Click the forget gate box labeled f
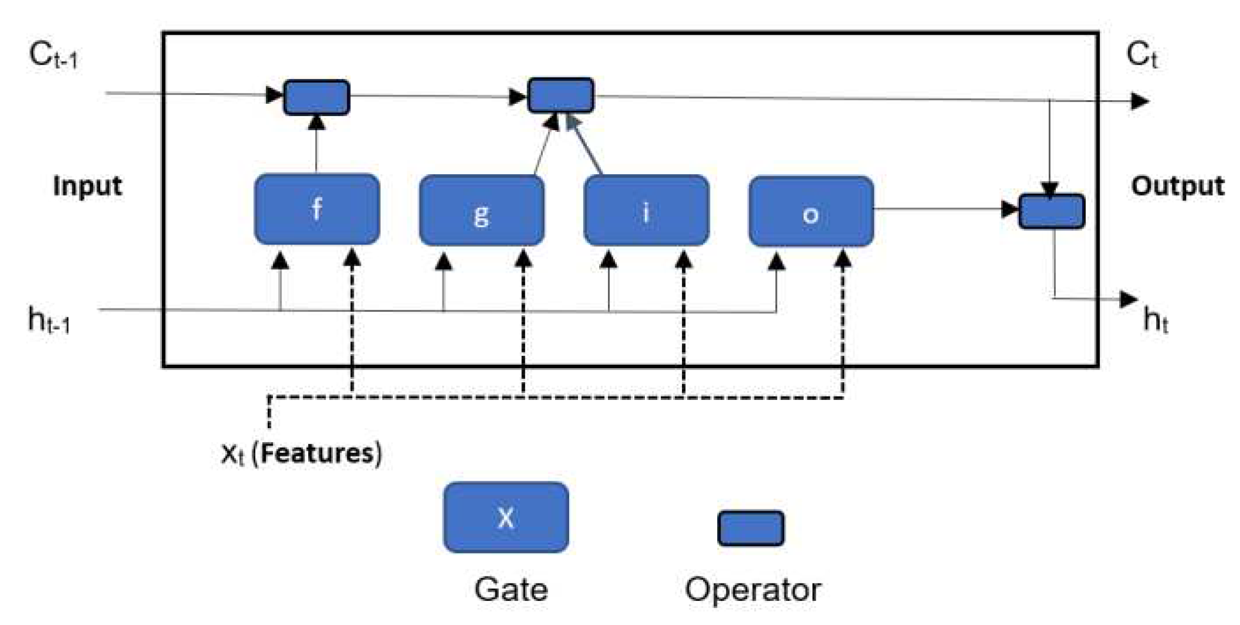pyautogui.click(x=317, y=209)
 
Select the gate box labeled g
pyautogui.click(x=482, y=210)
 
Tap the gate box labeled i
pyautogui.click(x=646, y=210)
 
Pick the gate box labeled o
pyautogui.click(x=811, y=212)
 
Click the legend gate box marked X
pyautogui.click(x=506, y=517)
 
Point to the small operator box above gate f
pyautogui.click(x=317, y=97)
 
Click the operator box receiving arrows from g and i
pyautogui.click(x=561, y=95)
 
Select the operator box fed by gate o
pyautogui.click(x=1052, y=212)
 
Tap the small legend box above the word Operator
pyautogui.click(x=751, y=528)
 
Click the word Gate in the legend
pyautogui.click(x=511, y=589)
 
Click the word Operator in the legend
pyautogui.click(x=753, y=589)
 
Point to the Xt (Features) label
pyautogui.click(x=301, y=453)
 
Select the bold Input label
pyautogui.click(x=87, y=186)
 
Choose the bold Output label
pyautogui.click(x=1177, y=186)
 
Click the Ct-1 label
pyautogui.click(x=53, y=56)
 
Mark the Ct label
pyautogui.click(x=1141, y=56)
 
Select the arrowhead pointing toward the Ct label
pyautogui.click(x=1140, y=101)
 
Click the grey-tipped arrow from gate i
pyautogui.click(x=587, y=147)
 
